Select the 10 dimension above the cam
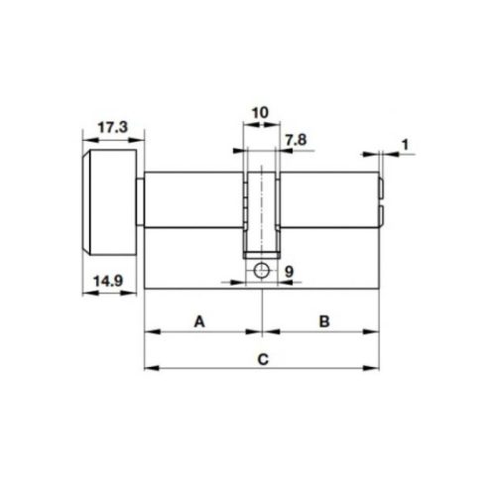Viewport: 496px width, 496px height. (x=259, y=113)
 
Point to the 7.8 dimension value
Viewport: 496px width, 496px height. (x=295, y=142)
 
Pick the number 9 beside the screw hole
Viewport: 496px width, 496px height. (x=288, y=271)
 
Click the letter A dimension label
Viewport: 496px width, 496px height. (x=199, y=320)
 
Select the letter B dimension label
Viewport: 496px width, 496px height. (x=324, y=320)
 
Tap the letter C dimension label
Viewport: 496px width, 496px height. (x=261, y=358)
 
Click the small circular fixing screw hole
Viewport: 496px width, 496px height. (x=260, y=271)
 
